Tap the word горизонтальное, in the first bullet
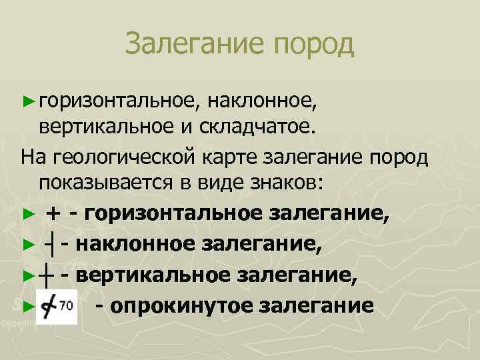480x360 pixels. pos(117,100)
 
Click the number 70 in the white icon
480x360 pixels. pos(67,305)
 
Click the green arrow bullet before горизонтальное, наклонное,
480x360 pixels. pos(26,101)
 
